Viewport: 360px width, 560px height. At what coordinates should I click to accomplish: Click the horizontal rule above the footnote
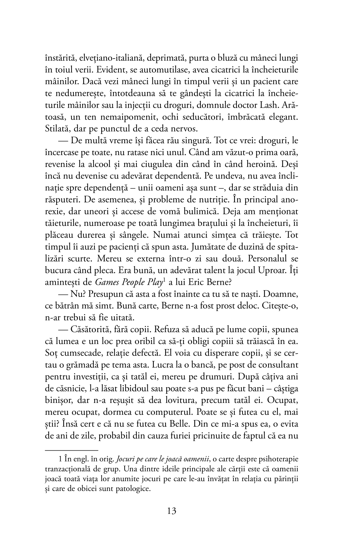pos(71,450)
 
